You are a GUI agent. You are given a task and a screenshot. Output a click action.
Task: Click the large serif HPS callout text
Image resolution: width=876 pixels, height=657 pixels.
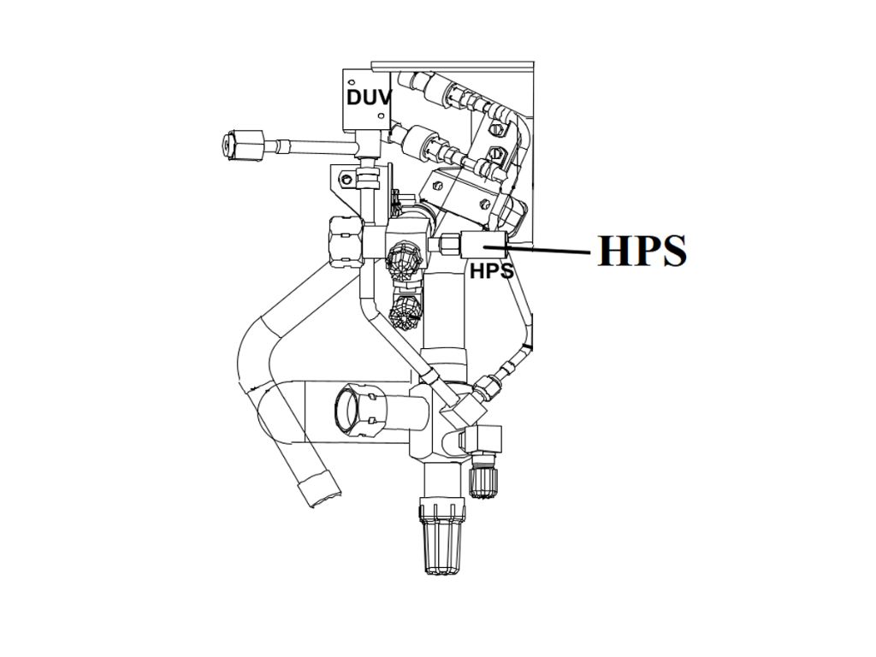tap(642, 251)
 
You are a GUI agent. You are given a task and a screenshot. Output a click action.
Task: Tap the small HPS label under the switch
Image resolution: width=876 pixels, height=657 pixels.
tap(491, 271)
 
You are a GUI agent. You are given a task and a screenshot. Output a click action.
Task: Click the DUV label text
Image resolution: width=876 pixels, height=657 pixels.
tap(368, 97)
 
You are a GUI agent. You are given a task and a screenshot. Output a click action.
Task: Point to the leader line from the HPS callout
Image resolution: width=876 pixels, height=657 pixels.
tap(548, 250)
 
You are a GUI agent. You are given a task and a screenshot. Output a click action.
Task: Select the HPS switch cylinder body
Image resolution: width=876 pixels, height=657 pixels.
tap(484, 246)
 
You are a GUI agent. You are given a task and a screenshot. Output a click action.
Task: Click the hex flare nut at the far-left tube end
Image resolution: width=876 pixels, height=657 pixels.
tap(239, 145)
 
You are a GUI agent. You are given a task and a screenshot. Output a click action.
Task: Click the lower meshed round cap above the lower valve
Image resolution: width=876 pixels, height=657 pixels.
tap(405, 312)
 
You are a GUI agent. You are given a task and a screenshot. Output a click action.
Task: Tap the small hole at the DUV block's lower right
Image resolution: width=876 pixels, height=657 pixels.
tap(381, 115)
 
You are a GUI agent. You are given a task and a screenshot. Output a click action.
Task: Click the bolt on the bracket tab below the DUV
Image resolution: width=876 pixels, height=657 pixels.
tap(346, 180)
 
